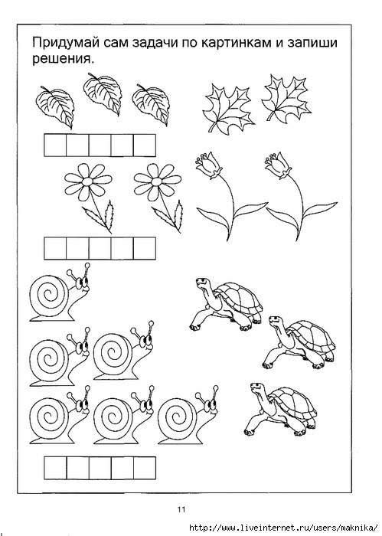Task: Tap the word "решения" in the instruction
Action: tap(63, 60)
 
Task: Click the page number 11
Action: tap(181, 509)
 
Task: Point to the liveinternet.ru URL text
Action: tap(285, 528)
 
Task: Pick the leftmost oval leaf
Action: tap(55, 106)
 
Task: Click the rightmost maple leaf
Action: tap(286, 98)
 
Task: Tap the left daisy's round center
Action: tap(88, 181)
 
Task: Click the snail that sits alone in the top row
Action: tap(60, 293)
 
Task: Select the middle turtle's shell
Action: tap(312, 337)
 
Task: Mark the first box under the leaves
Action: tap(55, 145)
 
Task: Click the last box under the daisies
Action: tap(145, 248)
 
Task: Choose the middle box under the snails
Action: tap(100, 468)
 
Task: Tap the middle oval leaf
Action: tap(103, 93)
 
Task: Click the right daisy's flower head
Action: tap(158, 181)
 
